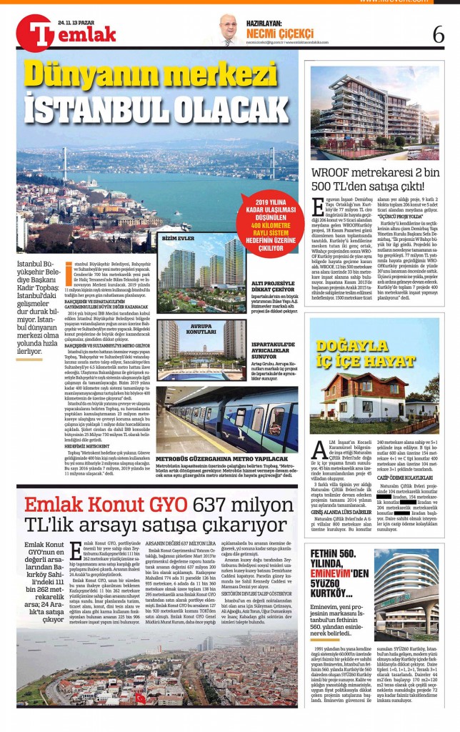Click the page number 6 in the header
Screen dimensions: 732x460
(x=438, y=34)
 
